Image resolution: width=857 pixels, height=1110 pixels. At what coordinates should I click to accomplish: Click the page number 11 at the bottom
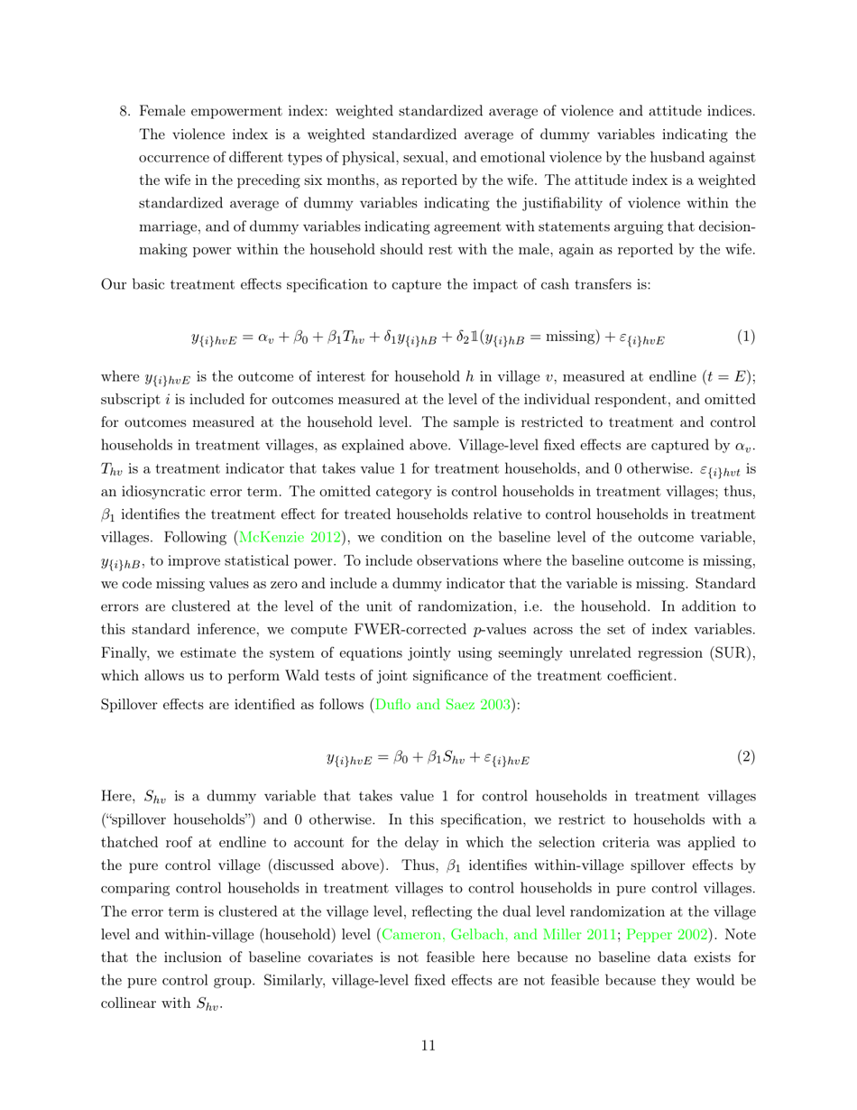[428, 1046]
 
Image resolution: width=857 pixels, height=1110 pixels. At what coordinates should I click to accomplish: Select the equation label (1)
[745, 337]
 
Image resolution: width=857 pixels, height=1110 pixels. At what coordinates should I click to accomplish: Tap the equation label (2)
[745, 757]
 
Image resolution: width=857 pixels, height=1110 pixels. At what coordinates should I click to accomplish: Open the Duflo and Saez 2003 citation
[442, 705]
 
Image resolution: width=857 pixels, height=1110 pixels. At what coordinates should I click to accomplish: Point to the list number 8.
[125, 111]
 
